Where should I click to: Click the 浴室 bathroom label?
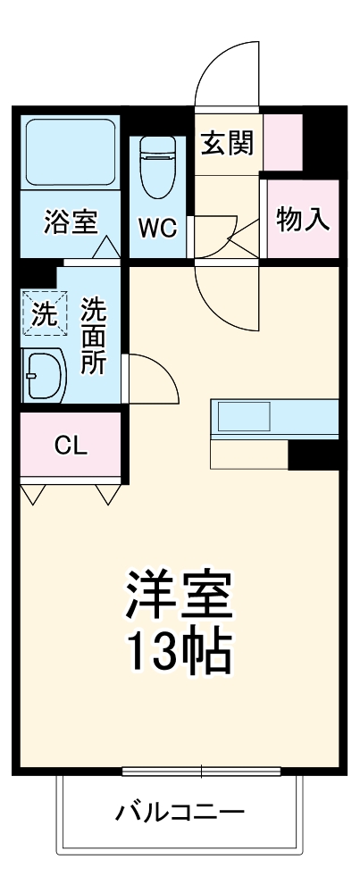(x=70, y=223)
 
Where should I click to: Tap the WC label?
(x=156, y=227)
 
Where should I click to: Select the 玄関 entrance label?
(x=227, y=143)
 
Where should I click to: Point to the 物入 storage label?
(x=304, y=218)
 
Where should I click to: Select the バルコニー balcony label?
(x=179, y=813)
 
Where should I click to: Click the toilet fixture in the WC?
(x=158, y=165)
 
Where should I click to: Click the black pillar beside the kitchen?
(x=313, y=455)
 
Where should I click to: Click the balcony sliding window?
(x=202, y=771)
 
